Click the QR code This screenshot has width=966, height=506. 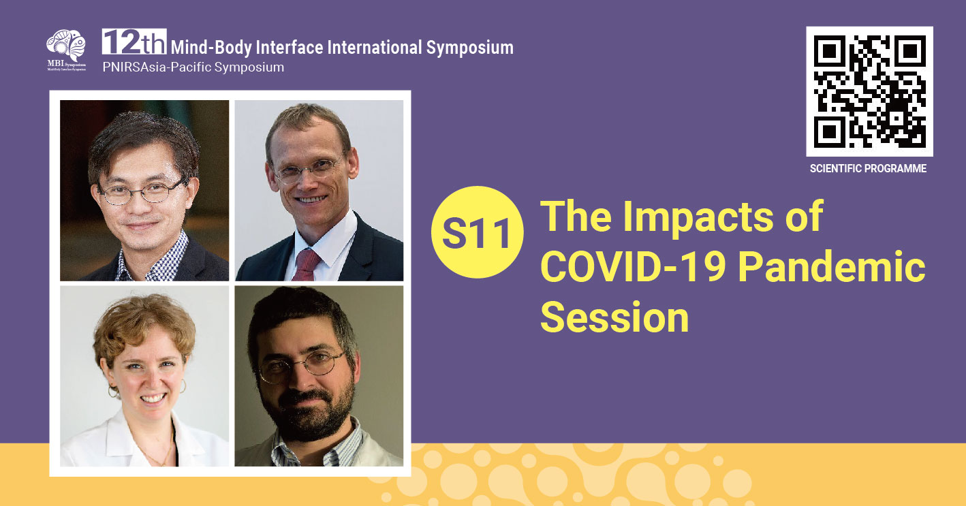869,91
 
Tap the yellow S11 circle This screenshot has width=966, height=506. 477,232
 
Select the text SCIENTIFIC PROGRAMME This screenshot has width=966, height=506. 868,168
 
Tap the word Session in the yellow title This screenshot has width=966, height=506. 614,317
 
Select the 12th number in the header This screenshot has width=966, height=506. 134,42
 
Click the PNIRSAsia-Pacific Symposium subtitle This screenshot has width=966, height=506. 193,67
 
